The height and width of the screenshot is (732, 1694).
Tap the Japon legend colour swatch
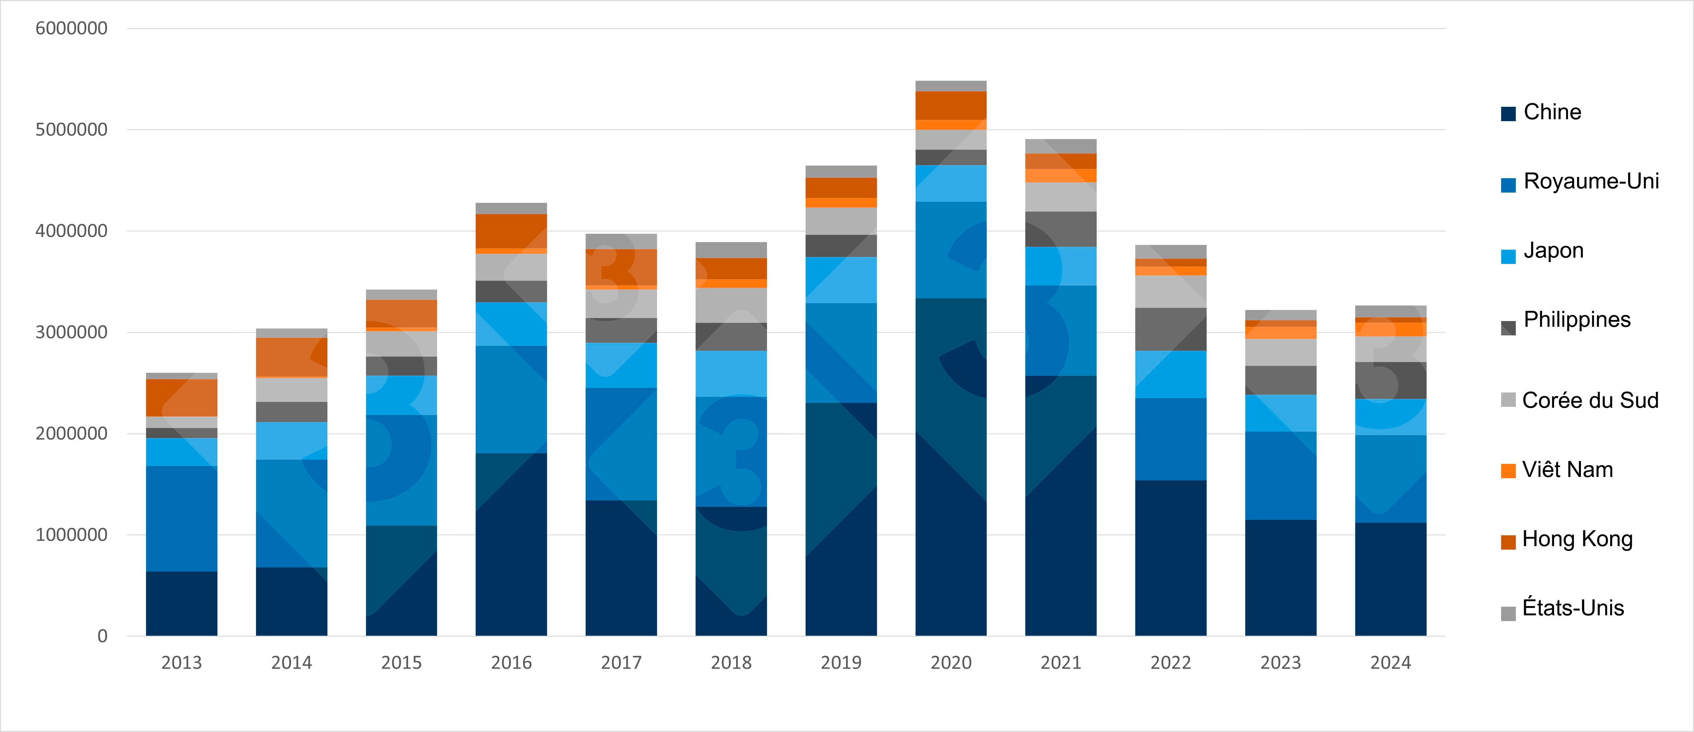pos(1508,257)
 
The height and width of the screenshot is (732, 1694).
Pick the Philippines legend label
pos(1577,320)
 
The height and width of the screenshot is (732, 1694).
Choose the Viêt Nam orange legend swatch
pos(1508,471)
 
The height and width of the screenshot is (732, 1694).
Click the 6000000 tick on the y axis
pos(71,28)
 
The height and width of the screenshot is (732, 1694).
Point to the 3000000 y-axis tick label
pos(71,332)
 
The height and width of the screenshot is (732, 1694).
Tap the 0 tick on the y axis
pos(103,636)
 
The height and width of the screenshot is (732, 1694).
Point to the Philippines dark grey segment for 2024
pos(1390,380)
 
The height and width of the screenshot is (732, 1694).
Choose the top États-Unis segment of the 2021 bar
pos(1061,146)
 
